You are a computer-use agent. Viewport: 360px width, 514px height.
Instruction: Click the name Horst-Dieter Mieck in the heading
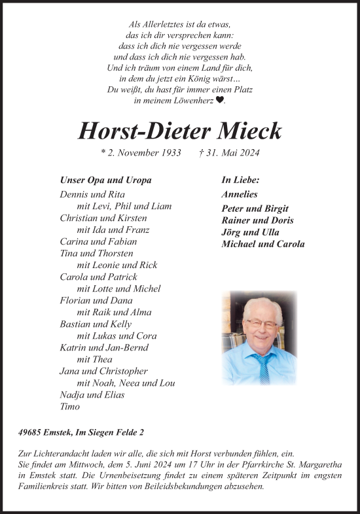[x=179, y=131]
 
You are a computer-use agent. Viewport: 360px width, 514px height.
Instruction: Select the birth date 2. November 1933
[x=131, y=153]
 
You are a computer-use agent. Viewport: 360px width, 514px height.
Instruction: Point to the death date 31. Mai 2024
[x=228, y=153]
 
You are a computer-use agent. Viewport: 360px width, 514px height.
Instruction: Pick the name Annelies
[x=240, y=194]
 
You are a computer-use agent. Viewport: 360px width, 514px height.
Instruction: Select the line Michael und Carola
[x=263, y=244]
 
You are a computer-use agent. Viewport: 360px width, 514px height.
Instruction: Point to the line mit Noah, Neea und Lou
[x=126, y=383]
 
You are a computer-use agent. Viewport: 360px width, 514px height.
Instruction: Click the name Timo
[x=69, y=406]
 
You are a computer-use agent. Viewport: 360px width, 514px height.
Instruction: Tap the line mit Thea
[x=94, y=359]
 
